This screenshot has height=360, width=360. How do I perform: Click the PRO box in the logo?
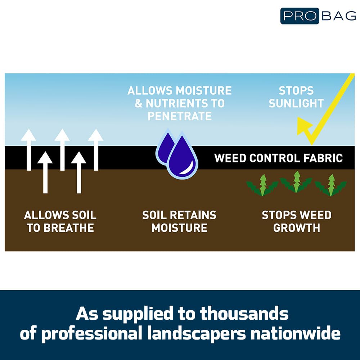(x=300, y=16)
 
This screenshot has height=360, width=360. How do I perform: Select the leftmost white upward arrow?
(x=28, y=150)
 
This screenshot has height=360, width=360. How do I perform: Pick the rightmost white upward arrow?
(x=96, y=150)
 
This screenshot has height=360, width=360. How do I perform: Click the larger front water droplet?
(x=183, y=156)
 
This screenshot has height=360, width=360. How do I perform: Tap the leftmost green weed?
(x=262, y=185)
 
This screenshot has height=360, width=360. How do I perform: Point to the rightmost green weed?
(x=330, y=185)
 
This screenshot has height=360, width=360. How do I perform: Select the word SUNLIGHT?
(x=296, y=103)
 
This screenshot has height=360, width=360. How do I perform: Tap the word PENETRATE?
(x=180, y=116)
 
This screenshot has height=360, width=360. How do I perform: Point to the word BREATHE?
(x=69, y=228)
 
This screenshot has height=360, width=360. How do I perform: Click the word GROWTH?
(x=296, y=228)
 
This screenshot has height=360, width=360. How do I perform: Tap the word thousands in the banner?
(x=244, y=314)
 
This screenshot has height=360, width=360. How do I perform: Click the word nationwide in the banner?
(x=296, y=333)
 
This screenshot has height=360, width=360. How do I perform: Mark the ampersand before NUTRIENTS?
(x=139, y=103)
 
